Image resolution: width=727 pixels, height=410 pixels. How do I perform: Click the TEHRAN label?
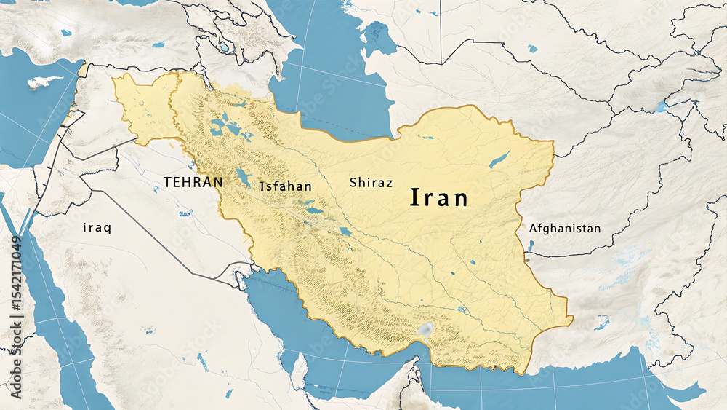tap(193, 182)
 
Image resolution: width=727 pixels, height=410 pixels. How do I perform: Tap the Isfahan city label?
tap(286, 186)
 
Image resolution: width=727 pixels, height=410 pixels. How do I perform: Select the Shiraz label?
tap(371, 183)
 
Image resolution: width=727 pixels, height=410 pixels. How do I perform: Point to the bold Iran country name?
tap(440, 197)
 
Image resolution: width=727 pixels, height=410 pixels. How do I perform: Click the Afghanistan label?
tap(565, 229)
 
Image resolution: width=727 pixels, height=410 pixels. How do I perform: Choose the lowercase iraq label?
tap(97, 228)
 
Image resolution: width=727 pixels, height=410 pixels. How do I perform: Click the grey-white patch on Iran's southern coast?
tap(424, 330)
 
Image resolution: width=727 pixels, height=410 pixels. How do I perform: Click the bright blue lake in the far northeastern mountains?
tap(660, 106)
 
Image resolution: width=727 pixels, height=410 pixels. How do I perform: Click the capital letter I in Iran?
tap(415, 197)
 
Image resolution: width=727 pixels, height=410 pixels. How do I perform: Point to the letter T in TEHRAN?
tap(168, 182)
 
